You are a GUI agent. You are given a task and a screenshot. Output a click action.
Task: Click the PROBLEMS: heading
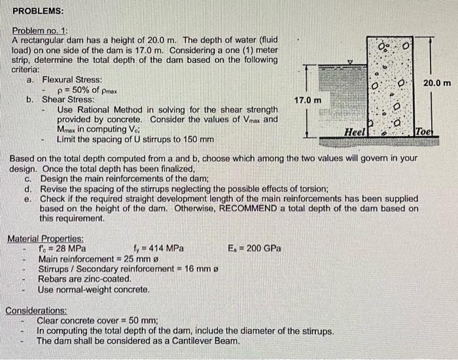tap(38, 11)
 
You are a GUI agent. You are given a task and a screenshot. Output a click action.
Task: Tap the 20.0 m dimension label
tap(437, 83)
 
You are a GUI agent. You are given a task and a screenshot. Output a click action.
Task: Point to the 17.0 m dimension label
tap(308, 100)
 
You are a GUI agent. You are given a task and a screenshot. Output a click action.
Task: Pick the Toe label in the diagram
tap(424, 132)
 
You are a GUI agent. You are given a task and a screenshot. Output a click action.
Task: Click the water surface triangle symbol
tap(350, 62)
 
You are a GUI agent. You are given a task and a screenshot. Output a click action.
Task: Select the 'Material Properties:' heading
tap(45, 239)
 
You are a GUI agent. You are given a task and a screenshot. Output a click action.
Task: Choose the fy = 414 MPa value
tap(158, 249)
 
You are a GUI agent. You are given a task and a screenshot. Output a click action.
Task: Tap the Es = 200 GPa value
tap(255, 249)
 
